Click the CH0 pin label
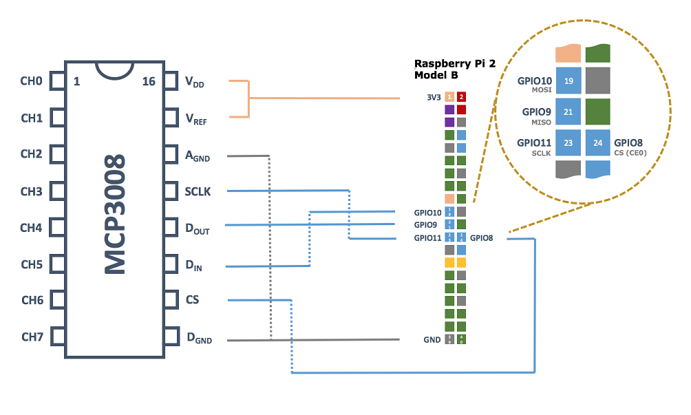[32, 81]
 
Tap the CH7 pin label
[32, 337]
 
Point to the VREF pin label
[196, 119]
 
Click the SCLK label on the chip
[198, 191]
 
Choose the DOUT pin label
[197, 229]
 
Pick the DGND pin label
[199, 338]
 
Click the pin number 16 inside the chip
[148, 82]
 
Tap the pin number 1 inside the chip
[76, 82]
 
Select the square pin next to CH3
[58, 191]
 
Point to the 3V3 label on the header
[433, 98]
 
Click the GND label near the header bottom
[432, 340]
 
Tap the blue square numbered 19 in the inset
[568, 81]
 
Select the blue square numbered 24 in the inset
[597, 143]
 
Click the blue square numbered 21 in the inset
[568, 111]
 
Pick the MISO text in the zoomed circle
[541, 121]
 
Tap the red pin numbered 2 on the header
[462, 98]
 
